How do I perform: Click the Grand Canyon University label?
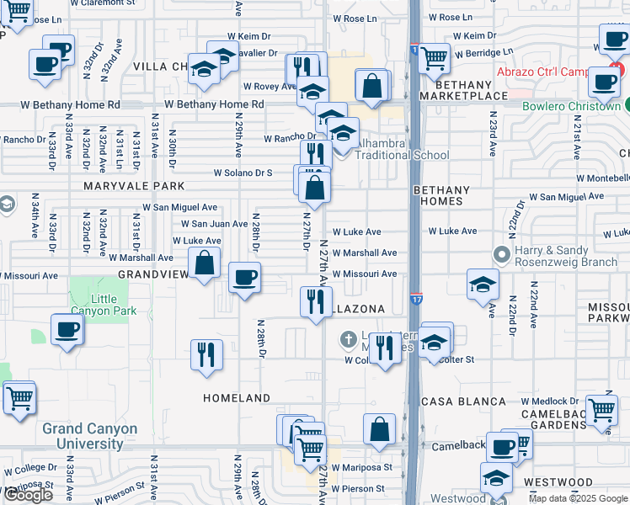click(89, 436)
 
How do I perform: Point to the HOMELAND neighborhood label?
click(237, 398)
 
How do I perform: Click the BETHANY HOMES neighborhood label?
click(438, 196)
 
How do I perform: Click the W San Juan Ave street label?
click(215, 224)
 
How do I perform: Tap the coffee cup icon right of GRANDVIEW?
click(244, 278)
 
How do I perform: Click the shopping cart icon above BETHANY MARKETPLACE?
click(434, 59)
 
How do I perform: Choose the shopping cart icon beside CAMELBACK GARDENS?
click(602, 411)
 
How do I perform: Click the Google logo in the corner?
click(28, 495)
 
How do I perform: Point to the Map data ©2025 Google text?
click(578, 498)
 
